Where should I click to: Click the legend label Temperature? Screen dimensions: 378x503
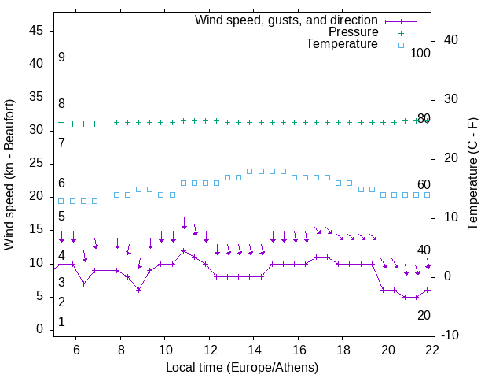[x=342, y=44]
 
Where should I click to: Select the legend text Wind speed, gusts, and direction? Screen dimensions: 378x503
[x=286, y=20]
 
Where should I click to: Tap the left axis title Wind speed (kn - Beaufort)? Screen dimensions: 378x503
[x=9, y=175]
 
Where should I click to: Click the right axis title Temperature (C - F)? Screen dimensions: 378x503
[x=472, y=175]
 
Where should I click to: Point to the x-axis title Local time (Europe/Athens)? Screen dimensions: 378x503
[x=243, y=367]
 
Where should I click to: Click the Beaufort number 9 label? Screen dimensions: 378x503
[x=61, y=57]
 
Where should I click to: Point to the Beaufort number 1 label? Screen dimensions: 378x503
[x=61, y=322]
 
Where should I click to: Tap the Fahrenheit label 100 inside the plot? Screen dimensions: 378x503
[x=420, y=53]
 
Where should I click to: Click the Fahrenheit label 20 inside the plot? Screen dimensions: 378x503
[x=424, y=315]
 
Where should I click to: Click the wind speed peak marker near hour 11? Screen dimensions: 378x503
[x=184, y=251]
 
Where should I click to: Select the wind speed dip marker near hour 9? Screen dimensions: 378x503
[x=138, y=290]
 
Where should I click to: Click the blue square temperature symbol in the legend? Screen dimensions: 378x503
[x=401, y=45]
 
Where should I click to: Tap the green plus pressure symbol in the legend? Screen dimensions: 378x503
[x=401, y=32]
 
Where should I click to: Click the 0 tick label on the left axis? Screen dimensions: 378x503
[x=40, y=329]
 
